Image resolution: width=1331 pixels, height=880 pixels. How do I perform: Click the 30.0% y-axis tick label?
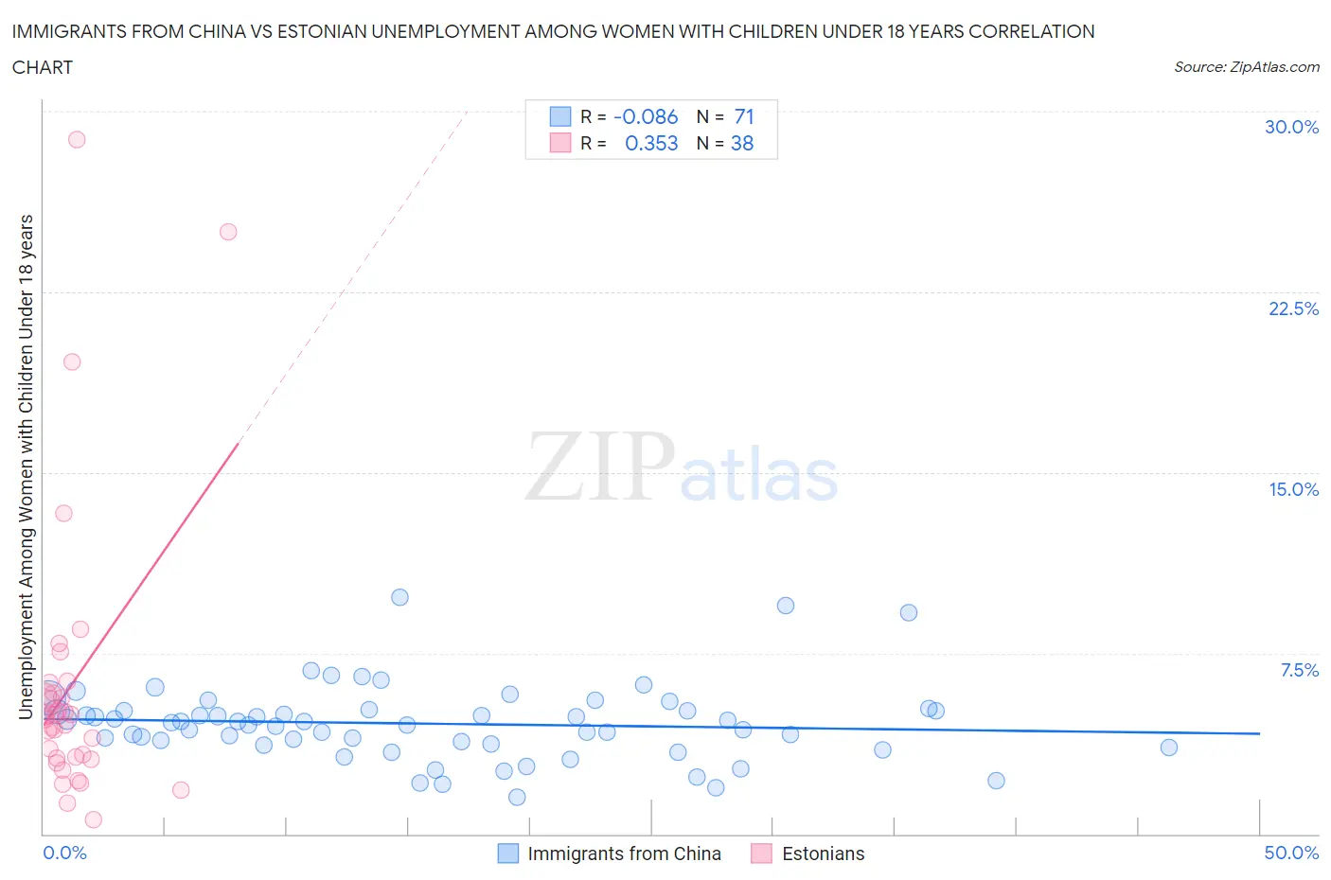1291,127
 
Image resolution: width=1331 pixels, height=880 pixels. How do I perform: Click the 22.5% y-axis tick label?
1293,308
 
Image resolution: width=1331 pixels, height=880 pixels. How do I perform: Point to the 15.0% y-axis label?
1293,489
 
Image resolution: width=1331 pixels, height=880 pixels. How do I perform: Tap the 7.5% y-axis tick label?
1299,670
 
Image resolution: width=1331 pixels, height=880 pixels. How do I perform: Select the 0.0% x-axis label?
64,853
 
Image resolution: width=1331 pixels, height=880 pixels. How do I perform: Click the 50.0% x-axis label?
1291,853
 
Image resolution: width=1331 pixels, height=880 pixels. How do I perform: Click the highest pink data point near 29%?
77,139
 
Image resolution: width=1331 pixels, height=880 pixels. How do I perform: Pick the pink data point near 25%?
228,232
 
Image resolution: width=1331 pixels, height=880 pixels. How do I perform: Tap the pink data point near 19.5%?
72,361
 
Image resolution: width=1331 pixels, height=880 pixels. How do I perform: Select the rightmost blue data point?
1169,748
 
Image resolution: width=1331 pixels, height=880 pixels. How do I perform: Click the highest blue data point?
399,597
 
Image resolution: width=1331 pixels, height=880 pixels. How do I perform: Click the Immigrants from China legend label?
624,854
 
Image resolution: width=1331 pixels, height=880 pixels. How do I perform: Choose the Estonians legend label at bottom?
823,854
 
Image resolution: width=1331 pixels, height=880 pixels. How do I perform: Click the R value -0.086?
646,116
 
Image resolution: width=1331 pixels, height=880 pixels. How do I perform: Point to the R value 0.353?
651,143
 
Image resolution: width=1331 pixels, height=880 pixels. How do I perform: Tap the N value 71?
744,116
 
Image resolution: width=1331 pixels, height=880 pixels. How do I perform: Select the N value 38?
742,143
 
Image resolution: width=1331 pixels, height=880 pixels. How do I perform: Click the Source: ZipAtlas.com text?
1246,66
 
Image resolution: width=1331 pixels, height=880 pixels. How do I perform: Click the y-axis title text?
27,466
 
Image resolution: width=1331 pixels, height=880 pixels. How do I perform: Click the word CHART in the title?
43,67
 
